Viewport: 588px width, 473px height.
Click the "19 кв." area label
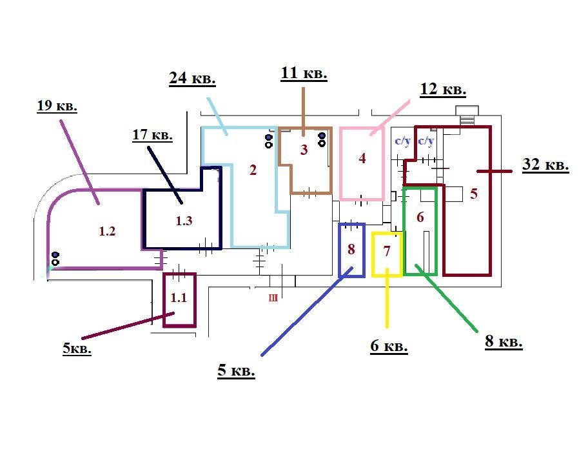[57, 106]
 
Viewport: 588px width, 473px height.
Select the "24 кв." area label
[192, 79]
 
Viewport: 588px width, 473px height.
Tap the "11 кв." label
[304, 73]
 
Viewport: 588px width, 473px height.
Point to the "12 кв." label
[443, 89]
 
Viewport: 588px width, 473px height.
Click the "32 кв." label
[545, 165]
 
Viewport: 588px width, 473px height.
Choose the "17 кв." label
[152, 134]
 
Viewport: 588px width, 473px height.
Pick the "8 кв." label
[504, 341]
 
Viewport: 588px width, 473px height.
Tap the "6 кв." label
[389, 346]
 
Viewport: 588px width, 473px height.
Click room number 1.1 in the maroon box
[179, 297]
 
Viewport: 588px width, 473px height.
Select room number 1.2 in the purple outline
[107, 231]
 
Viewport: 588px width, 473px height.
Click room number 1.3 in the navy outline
[184, 220]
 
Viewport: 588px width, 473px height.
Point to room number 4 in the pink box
[362, 158]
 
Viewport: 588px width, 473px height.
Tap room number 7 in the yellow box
[387, 251]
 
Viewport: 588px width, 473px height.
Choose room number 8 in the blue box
[351, 249]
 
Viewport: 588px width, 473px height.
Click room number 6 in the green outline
[420, 217]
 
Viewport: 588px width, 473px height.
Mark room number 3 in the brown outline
[304, 150]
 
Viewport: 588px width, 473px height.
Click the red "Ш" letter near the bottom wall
[273, 298]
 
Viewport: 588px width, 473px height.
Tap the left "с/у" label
[403, 141]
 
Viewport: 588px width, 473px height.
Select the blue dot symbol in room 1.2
[55, 255]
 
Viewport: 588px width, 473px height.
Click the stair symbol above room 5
[467, 115]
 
